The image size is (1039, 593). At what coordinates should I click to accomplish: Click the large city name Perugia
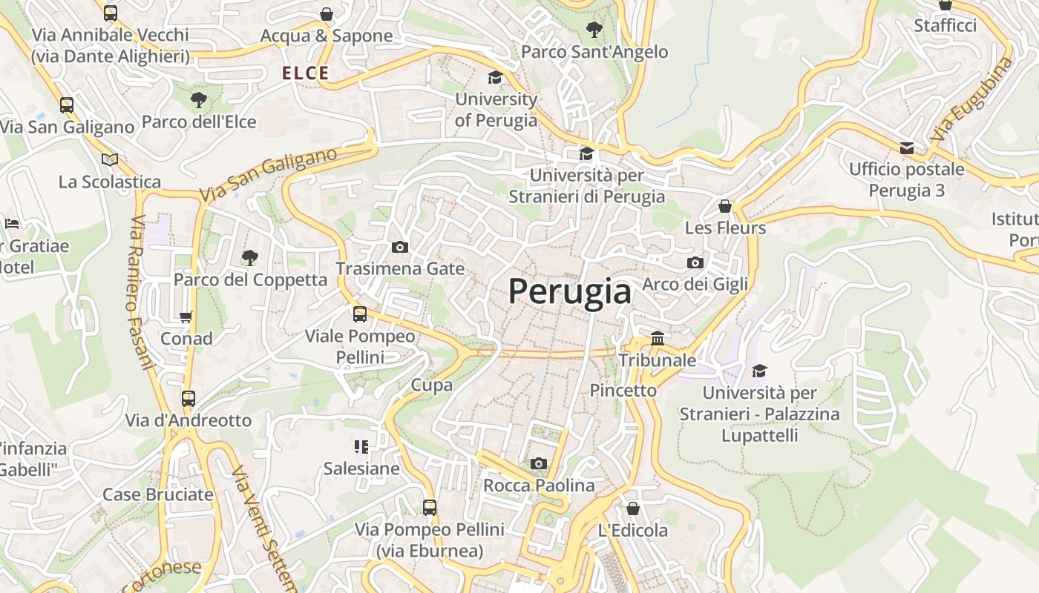coord(570,291)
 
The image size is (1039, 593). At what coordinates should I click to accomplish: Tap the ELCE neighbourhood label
coord(305,73)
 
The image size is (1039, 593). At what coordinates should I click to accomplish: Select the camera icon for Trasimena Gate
coord(400,247)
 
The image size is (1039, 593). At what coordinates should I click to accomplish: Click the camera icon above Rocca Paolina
coord(539,464)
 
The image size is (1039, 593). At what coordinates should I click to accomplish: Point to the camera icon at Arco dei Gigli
coord(695,262)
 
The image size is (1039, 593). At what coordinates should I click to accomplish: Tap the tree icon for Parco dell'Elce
coord(198,99)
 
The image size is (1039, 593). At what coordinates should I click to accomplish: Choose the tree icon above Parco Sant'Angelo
coord(594,30)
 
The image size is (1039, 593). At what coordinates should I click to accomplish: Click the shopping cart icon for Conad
coord(186,317)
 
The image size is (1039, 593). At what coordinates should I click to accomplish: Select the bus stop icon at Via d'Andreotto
coord(189,399)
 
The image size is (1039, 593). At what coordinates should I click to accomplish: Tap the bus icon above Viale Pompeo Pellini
coord(360,314)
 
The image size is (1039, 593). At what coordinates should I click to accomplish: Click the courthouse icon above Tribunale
coord(658,339)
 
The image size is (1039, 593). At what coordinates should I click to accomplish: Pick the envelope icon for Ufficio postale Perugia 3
coord(907,148)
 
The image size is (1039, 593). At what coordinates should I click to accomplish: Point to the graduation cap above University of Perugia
coord(495,77)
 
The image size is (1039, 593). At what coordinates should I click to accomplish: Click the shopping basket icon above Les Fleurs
coord(725,206)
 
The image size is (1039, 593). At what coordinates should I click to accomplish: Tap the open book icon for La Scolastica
coord(110,159)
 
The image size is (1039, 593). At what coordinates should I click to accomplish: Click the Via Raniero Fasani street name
coord(141,293)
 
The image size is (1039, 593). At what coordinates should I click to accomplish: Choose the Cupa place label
coord(432,385)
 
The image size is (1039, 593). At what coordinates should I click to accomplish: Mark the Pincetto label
coord(623,391)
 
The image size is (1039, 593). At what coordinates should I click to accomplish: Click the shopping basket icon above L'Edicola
coord(633,508)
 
